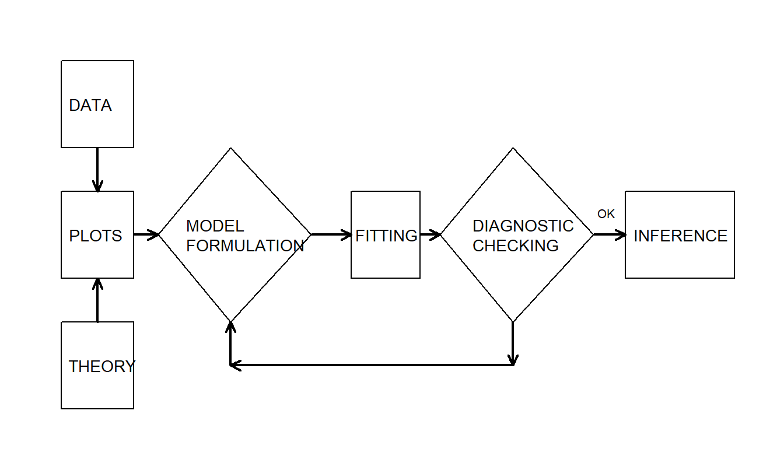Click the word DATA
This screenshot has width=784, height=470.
pos(90,106)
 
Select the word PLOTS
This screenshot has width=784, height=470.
pos(96,236)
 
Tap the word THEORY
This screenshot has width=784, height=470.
pos(101,366)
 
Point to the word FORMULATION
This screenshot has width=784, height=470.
pos(245,246)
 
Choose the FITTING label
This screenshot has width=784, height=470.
pos(386,236)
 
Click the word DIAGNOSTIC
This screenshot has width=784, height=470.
pos(523,226)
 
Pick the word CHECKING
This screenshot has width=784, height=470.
pos(516,246)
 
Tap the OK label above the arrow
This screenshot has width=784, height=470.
pos(606,214)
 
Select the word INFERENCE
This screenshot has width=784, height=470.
pos(680,236)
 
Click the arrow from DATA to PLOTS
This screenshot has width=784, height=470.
pos(97,169)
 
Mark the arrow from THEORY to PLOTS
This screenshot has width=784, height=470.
pos(97,300)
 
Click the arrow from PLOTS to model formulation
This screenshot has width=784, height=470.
pos(146,235)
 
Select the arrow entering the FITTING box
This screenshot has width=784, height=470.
pos(331,235)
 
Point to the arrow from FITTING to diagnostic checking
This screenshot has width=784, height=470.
pos(430,235)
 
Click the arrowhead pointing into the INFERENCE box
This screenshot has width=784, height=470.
pos(621,235)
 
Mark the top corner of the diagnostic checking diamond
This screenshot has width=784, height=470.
pos(513,149)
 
